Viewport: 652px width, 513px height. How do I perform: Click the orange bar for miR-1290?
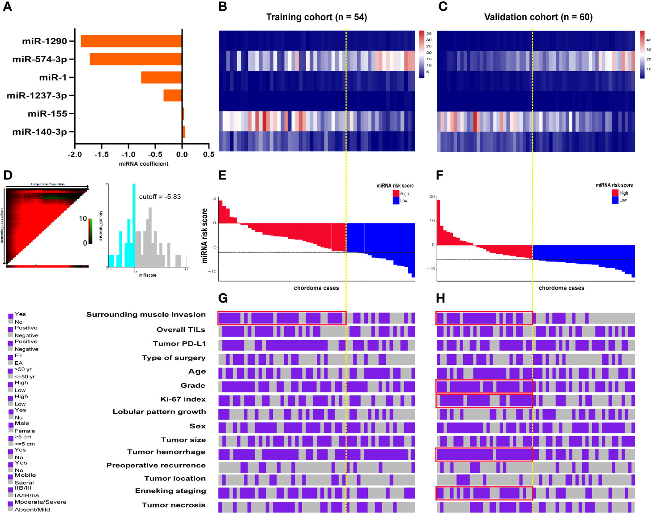[131, 41]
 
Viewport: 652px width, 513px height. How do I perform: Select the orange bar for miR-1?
[161, 77]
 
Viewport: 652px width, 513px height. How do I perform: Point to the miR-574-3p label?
[40, 59]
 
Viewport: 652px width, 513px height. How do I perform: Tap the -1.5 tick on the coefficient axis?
[102, 154]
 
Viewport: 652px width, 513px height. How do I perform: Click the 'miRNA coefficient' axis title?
[144, 164]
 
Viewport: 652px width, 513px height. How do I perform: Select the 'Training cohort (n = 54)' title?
[316, 17]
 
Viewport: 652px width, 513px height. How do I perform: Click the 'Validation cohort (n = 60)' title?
[538, 17]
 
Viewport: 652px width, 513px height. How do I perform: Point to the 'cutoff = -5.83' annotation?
[160, 197]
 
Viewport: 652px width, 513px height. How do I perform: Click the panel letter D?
[7, 175]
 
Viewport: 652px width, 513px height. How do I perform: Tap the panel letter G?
[223, 298]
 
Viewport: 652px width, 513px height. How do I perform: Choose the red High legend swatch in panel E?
[396, 193]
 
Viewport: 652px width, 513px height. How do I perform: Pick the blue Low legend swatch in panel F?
[615, 200]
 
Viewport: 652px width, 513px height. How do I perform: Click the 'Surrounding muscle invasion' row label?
[146, 315]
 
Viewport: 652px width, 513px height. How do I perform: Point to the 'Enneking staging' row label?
[170, 491]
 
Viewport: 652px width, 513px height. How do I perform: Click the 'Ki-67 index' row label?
[183, 399]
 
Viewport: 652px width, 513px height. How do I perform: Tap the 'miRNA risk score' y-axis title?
[205, 235]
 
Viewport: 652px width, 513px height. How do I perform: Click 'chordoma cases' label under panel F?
[561, 288]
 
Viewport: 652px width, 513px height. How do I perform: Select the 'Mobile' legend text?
[25, 475]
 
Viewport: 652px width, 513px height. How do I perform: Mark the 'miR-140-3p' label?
[40, 132]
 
